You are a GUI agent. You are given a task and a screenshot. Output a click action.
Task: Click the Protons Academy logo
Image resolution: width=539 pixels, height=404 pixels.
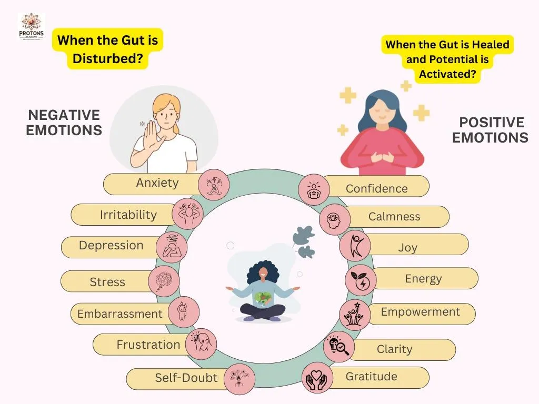(31, 27)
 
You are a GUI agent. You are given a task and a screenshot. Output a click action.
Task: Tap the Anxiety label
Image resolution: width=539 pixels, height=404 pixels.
(157, 183)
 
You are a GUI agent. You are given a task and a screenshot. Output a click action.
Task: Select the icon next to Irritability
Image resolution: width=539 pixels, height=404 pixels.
(187, 214)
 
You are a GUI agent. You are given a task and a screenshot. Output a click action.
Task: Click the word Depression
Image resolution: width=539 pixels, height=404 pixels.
(111, 245)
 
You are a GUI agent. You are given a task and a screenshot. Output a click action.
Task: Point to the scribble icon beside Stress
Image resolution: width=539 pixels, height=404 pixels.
(164, 281)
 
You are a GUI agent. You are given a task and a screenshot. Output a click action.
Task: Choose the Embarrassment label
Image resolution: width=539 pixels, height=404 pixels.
(119, 314)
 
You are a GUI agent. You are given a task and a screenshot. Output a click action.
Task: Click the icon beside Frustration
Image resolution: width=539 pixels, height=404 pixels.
(201, 344)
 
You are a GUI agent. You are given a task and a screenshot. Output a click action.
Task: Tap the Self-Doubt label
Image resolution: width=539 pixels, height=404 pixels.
(186, 378)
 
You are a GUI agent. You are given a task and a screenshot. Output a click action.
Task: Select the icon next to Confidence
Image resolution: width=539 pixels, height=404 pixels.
(314, 189)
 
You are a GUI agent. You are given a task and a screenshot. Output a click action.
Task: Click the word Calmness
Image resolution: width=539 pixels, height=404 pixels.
(394, 216)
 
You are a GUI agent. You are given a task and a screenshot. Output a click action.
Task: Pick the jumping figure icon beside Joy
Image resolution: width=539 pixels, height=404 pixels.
(355, 246)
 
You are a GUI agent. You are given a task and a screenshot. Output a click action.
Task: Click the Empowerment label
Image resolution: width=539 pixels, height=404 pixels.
(420, 312)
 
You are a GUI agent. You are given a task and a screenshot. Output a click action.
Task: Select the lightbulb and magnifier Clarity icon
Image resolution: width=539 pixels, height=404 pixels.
(339, 346)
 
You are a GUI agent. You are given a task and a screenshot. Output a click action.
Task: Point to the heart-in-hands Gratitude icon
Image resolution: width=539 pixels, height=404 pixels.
(317, 378)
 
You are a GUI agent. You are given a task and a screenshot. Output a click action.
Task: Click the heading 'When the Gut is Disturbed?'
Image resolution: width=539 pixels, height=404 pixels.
(107, 49)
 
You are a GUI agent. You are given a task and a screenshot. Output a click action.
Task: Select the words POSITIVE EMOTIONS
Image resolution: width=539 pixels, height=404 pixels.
(491, 130)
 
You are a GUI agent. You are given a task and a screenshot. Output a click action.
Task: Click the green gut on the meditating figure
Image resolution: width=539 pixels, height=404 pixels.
(263, 298)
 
